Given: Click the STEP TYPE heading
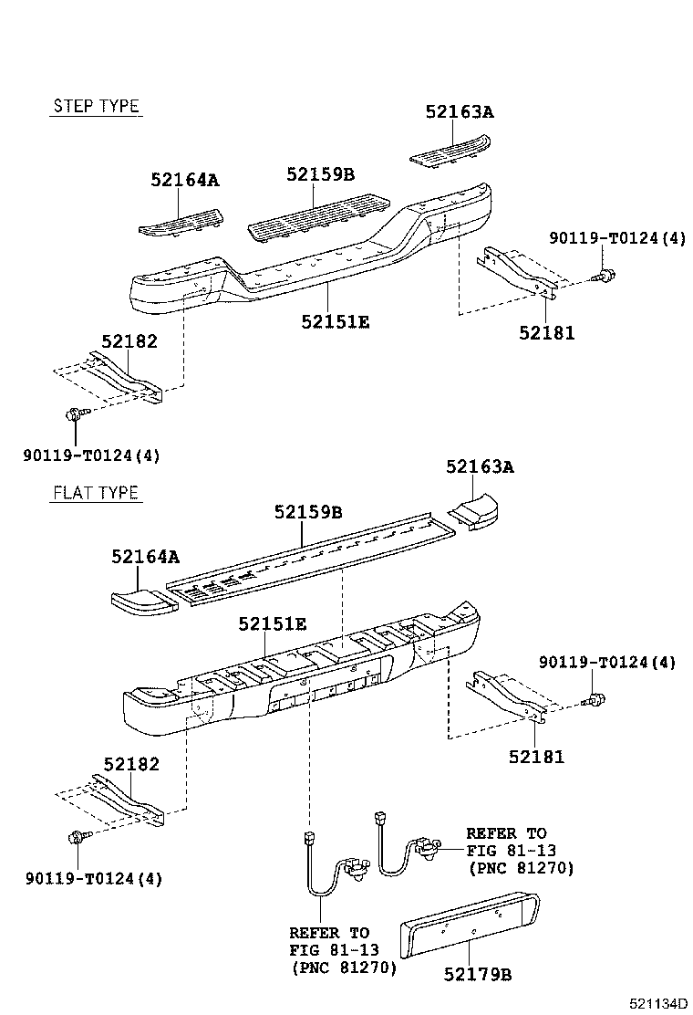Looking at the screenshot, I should tap(96, 106).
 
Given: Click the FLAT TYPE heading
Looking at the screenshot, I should tap(96, 493).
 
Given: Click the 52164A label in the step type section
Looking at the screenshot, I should tap(185, 180).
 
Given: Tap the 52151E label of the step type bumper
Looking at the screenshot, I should tap(336, 320).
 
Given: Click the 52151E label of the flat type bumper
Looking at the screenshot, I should tap(273, 624).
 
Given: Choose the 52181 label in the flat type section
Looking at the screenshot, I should tap(537, 756).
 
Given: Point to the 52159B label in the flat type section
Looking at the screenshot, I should tap(308, 513).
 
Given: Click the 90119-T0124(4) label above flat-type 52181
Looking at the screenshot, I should tap(607, 662).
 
